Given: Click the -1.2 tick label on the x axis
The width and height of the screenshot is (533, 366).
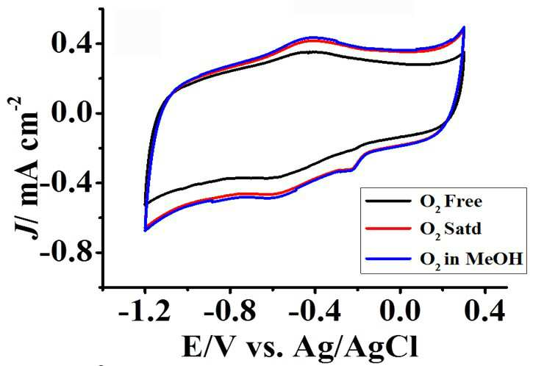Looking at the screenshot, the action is [x=145, y=312].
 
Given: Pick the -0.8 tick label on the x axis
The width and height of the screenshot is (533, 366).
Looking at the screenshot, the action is [x=229, y=312].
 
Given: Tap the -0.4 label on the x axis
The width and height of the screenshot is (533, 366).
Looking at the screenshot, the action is [x=315, y=312].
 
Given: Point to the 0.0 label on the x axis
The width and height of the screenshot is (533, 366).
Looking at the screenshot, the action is [x=401, y=312].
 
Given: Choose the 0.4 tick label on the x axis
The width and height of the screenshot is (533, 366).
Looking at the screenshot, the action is [x=485, y=312].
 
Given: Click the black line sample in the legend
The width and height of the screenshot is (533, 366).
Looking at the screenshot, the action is [x=388, y=201].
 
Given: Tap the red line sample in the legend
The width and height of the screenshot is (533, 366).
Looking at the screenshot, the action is [x=388, y=229].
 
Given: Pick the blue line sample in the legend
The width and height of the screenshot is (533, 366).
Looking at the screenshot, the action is [x=388, y=259].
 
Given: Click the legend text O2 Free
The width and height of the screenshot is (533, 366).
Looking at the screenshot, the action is [x=451, y=202].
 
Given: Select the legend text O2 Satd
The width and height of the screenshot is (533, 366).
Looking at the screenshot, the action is [x=451, y=230].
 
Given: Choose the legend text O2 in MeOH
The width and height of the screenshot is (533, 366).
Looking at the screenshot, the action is [x=471, y=260].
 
